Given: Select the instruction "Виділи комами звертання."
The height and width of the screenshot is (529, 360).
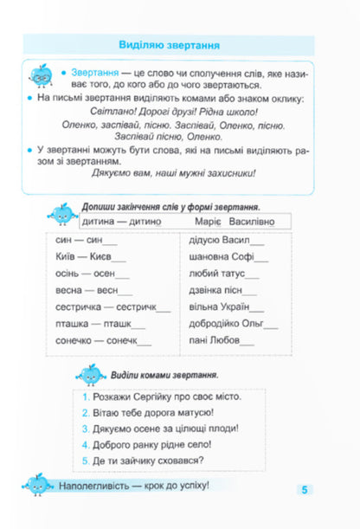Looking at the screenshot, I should point(164,375).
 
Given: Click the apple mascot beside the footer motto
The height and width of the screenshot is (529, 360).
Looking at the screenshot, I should point(34,485).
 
